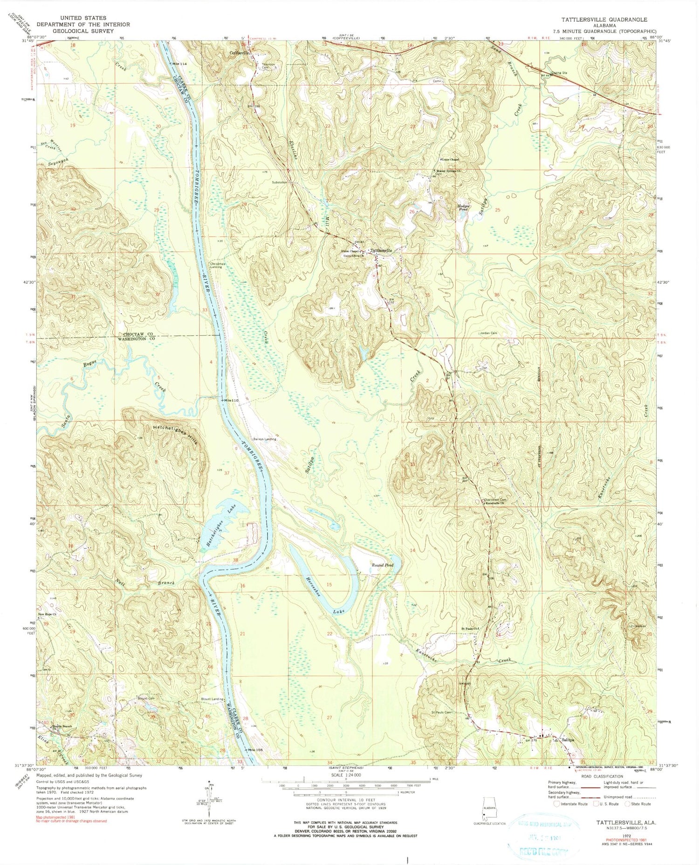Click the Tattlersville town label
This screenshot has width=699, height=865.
click(x=381, y=250)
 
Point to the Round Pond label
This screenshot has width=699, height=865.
click(x=382, y=565)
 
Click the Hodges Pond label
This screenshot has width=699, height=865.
click(x=463, y=208)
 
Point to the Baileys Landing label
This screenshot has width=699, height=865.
click(x=265, y=439)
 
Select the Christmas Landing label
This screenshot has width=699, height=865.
click(x=217, y=265)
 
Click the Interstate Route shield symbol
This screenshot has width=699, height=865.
click(x=556, y=804)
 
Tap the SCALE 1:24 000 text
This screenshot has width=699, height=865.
click(x=345, y=775)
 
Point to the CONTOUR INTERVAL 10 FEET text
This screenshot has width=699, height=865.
click(x=345, y=800)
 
